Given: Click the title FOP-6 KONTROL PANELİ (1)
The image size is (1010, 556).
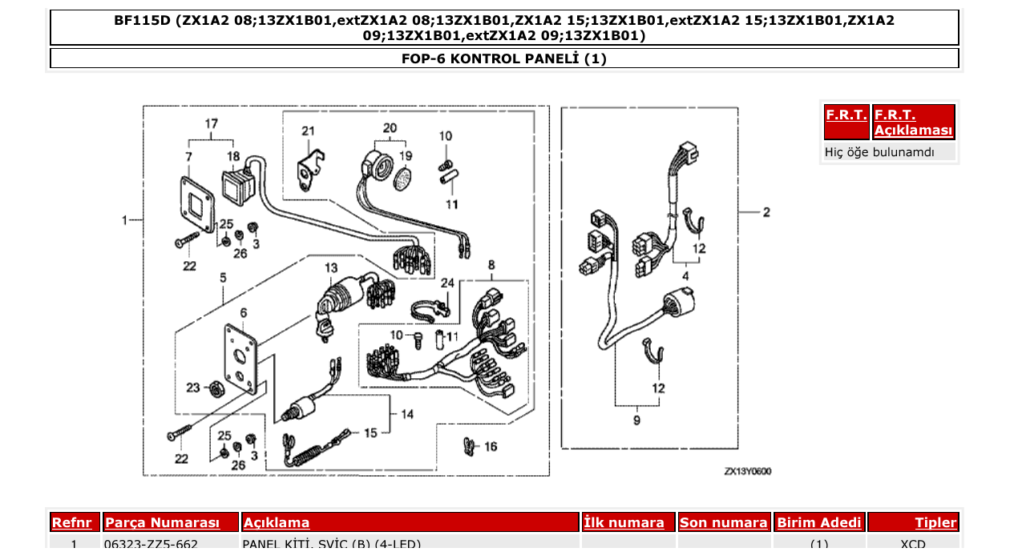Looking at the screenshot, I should coord(504,58).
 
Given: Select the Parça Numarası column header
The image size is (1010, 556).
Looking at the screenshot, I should coord(162,522).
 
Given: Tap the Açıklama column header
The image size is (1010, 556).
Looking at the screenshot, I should coord(277,522).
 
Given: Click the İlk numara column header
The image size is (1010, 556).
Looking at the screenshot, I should coord(624,522).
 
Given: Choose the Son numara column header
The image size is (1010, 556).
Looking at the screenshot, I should coord(723,522).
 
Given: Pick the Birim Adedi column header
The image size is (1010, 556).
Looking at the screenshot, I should coord(818,522).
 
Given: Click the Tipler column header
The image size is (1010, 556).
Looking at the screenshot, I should coord(935,522).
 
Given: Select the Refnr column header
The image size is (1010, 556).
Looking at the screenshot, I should coord(74,522).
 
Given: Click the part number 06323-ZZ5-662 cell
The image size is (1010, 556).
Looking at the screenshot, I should coord(151,545).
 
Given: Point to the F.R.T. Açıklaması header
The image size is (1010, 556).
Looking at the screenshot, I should coord(913,123).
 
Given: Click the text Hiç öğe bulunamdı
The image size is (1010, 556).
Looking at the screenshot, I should coord(879,151).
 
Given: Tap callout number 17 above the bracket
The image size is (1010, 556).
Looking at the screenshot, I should coord(211,124).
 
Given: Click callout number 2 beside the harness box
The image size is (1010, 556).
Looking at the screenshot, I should coord(766,212).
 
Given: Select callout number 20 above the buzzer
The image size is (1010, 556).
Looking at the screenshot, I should coord(390,128).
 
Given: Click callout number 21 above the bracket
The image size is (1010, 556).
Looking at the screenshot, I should coord(309,131).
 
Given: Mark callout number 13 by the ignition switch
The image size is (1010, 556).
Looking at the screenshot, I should coord(331,267).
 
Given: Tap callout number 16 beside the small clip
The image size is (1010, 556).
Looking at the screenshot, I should coord(490,446).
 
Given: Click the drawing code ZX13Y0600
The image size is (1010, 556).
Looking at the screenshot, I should coord(747,472).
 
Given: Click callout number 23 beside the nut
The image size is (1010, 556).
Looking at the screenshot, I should coord(193,388).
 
